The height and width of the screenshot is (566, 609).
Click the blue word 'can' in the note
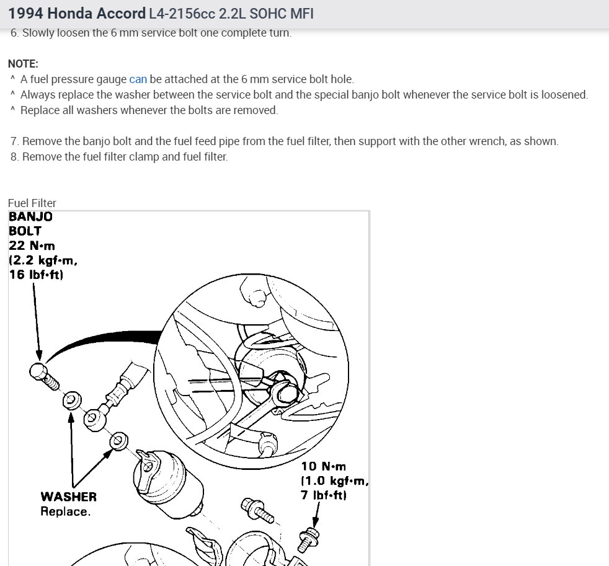tap(138, 79)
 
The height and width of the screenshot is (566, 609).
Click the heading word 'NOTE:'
tap(23, 64)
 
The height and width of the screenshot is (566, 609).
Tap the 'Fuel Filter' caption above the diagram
tap(32, 203)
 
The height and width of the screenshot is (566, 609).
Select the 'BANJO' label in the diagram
tap(30, 217)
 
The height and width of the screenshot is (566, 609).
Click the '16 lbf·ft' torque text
tap(36, 274)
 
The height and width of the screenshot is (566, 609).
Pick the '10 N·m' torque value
tap(324, 467)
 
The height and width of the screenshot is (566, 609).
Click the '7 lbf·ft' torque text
tap(324, 495)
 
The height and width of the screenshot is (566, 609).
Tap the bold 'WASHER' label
tap(68, 497)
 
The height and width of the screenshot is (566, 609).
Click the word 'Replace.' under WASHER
tap(65, 511)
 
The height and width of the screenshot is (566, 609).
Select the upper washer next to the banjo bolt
tap(71, 399)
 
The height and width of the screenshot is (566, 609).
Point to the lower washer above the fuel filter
tap(118, 441)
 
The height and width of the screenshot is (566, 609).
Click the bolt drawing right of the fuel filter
tap(258, 508)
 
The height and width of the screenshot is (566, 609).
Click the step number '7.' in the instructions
tap(14, 141)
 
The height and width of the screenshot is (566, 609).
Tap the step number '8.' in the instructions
tap(14, 157)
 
